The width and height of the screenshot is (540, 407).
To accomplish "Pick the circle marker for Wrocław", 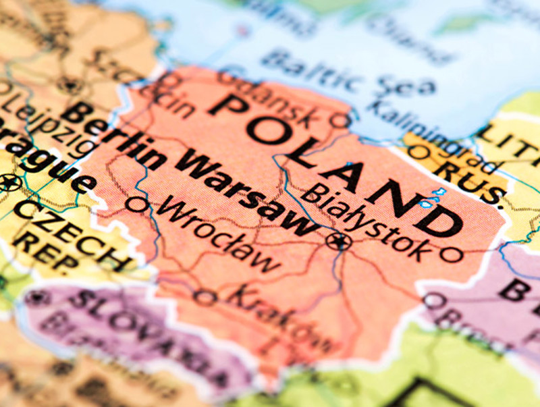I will [x=138, y=203].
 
